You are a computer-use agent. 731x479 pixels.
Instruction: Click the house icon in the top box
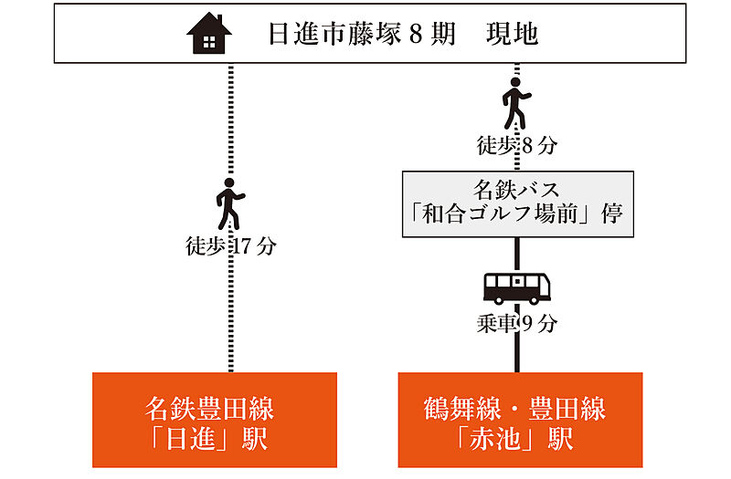point(209,35)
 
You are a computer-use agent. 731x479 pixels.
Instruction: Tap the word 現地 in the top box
point(510,36)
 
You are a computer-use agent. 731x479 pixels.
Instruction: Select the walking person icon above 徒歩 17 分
point(229,205)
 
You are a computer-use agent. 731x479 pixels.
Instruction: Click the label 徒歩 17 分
point(229,246)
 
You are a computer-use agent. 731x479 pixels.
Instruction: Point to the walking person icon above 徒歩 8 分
point(517,103)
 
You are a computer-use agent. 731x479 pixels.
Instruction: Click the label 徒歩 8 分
point(517,144)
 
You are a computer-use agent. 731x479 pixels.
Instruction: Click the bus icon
point(517,287)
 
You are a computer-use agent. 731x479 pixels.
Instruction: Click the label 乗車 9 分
point(517,323)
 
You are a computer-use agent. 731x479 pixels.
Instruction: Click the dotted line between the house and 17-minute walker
point(230,119)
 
